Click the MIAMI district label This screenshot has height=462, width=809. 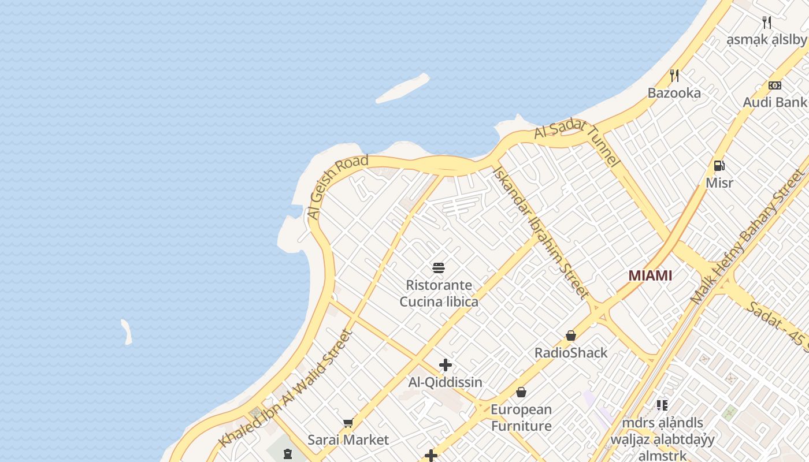pyautogui.click(x=650, y=275)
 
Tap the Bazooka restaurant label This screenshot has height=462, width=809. pyautogui.click(x=674, y=93)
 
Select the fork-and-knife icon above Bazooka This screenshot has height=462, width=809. pyautogui.click(x=674, y=75)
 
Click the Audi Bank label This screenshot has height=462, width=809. pyautogui.click(x=774, y=102)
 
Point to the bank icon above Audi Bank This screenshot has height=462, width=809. pyautogui.click(x=775, y=85)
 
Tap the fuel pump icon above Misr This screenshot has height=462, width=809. pyautogui.click(x=719, y=166)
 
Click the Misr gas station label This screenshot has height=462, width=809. pyautogui.click(x=719, y=183)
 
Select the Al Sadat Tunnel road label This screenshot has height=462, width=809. pyautogui.click(x=577, y=141)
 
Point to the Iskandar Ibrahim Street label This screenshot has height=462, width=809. pyautogui.click(x=540, y=233)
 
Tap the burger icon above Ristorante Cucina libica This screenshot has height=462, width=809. pyautogui.click(x=439, y=267)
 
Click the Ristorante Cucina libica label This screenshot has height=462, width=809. pyautogui.click(x=439, y=293)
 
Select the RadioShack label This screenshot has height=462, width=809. pyautogui.click(x=571, y=353)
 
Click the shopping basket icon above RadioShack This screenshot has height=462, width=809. pyautogui.click(x=571, y=336)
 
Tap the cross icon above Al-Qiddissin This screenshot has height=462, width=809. pyautogui.click(x=445, y=365)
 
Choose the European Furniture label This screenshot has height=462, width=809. pyautogui.click(x=521, y=418)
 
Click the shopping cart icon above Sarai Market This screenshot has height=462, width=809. pyautogui.click(x=348, y=423)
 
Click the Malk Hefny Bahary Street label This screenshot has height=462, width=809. pyautogui.click(x=748, y=237)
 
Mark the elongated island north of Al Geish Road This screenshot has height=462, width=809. pyautogui.click(x=403, y=88)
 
